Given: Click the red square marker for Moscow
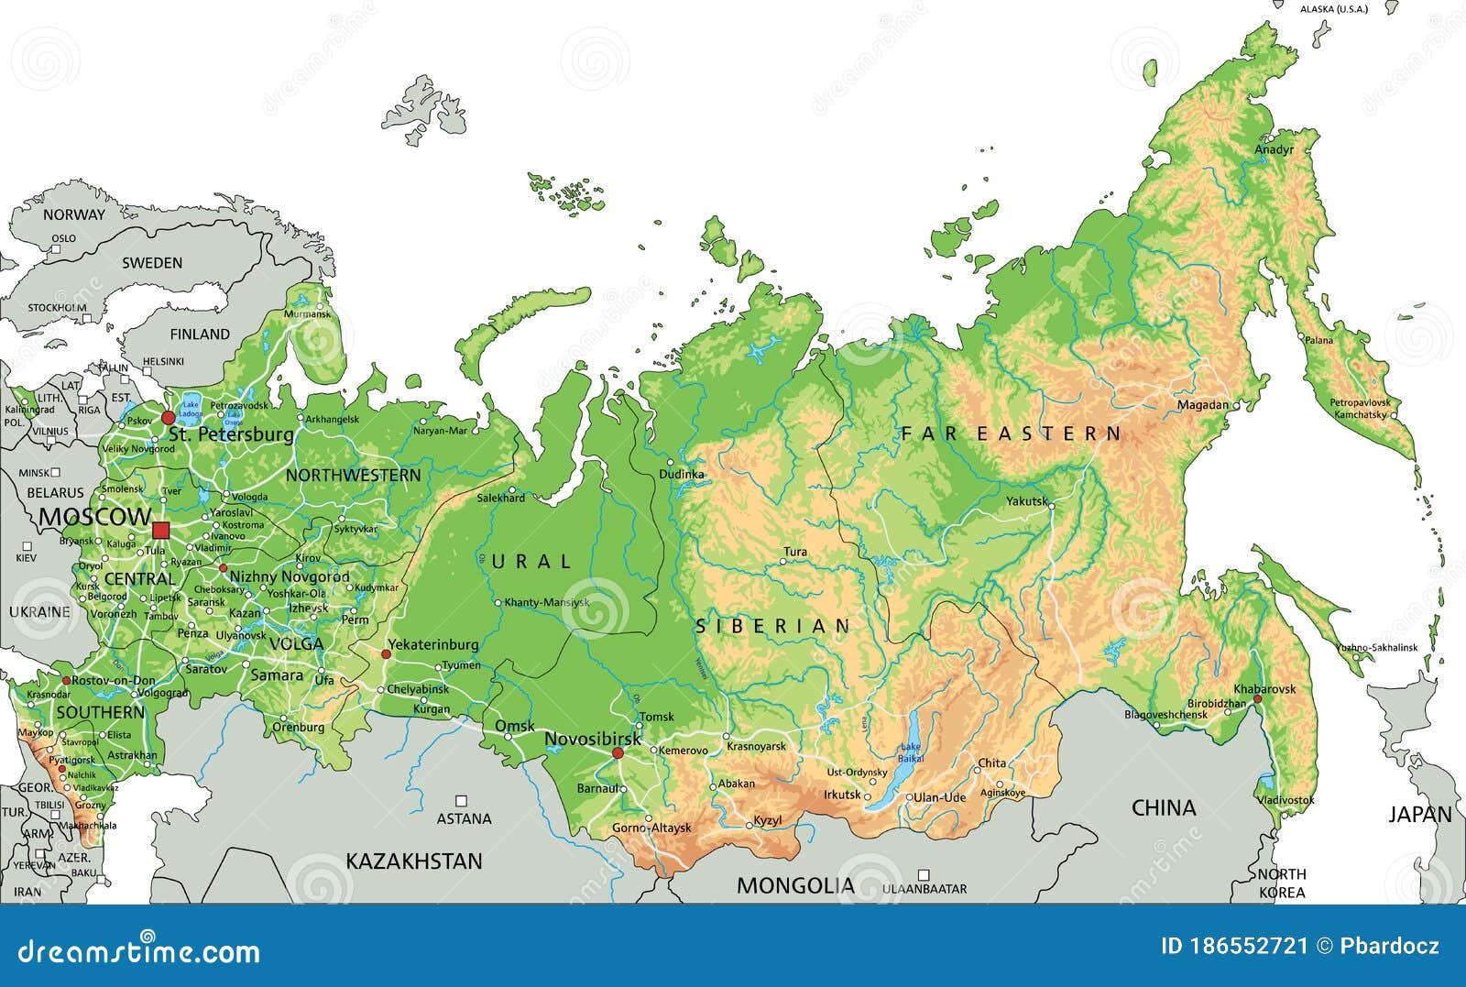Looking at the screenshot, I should coord(161,530).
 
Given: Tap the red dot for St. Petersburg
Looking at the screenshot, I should coord(168,418).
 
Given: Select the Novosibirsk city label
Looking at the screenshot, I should coord(592,739).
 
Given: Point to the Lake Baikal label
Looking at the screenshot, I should coord(911,753).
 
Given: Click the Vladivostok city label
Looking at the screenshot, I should coord(1285,800).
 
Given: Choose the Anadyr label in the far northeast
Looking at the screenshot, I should coord(1274,149).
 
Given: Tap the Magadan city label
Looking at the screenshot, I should coord(1202,404).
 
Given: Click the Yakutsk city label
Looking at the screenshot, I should coord(1026,501).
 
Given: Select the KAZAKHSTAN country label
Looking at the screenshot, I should coord(413,861).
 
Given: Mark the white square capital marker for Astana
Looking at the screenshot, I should coord(462,800).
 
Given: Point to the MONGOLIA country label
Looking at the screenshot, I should coord(795,885).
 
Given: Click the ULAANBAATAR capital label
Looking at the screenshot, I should coord(924,889).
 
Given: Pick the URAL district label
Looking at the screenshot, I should coord(532,562).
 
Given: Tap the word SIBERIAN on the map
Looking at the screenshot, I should coord(774,627).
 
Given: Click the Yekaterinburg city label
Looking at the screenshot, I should coord(432,644).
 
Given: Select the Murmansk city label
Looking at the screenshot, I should coord(307,314).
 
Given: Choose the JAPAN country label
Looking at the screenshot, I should coord(1420,814).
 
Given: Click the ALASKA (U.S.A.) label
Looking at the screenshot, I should coord(1333,9).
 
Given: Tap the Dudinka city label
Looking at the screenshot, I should coord(682,474).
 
